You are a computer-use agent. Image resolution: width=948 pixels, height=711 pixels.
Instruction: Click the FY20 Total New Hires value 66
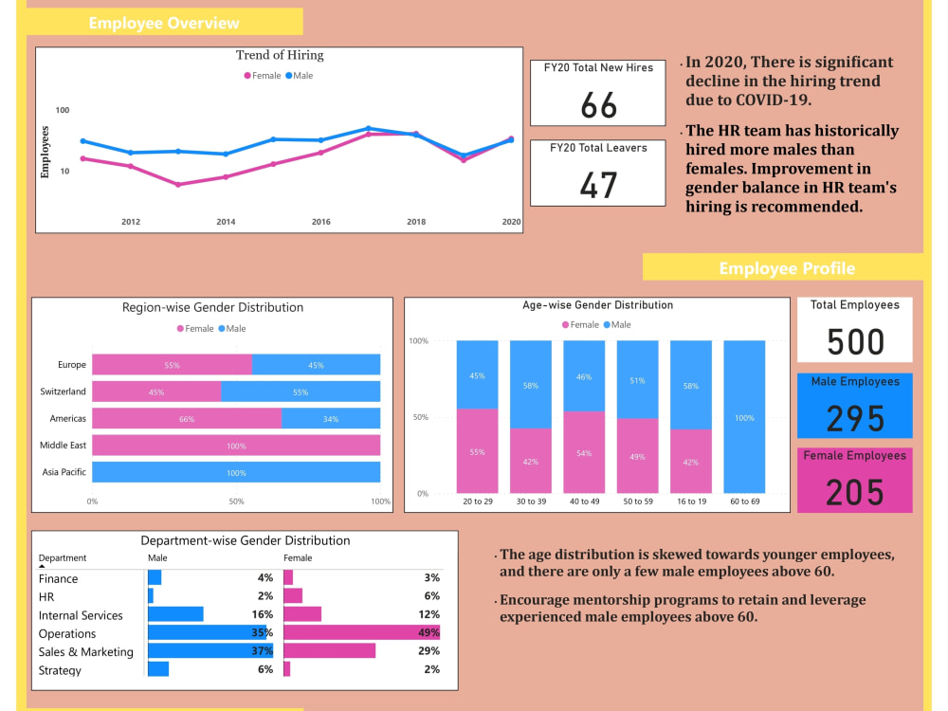click(x=598, y=105)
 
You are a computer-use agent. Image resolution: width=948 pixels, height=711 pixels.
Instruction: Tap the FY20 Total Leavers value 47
click(x=598, y=185)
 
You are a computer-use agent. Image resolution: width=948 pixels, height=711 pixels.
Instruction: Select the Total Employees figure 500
click(x=855, y=342)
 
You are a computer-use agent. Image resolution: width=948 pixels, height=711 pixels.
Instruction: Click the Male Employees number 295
click(x=855, y=418)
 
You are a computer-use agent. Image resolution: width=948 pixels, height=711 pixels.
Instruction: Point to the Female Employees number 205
click(x=855, y=492)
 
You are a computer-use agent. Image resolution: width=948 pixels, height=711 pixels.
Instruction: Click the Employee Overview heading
click(x=164, y=23)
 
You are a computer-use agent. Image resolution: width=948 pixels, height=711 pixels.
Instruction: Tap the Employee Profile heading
click(x=786, y=268)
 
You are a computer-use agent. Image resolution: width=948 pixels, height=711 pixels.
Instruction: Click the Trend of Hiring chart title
click(x=280, y=55)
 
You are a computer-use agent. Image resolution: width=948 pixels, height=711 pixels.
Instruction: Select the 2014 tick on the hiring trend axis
click(x=226, y=222)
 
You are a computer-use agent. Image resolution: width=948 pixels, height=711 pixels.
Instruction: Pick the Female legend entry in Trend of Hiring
click(x=262, y=76)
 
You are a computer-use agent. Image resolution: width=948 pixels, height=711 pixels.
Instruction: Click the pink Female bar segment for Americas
click(x=187, y=418)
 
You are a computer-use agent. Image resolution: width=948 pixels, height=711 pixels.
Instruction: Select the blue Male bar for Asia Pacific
click(x=236, y=472)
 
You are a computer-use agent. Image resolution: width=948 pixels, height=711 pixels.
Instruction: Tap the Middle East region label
click(x=63, y=446)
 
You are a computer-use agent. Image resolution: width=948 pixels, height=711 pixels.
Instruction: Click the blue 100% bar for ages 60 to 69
click(x=744, y=417)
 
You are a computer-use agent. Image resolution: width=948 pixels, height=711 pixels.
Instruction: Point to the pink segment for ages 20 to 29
click(x=477, y=451)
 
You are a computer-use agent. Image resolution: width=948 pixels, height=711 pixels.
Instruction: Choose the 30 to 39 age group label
click(x=531, y=501)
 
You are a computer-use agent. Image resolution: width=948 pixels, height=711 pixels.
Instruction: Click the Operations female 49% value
click(x=428, y=633)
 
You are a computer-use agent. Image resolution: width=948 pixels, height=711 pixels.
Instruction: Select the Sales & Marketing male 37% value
click(x=262, y=651)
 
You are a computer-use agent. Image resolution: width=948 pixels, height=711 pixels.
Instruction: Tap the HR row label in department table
click(x=46, y=596)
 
